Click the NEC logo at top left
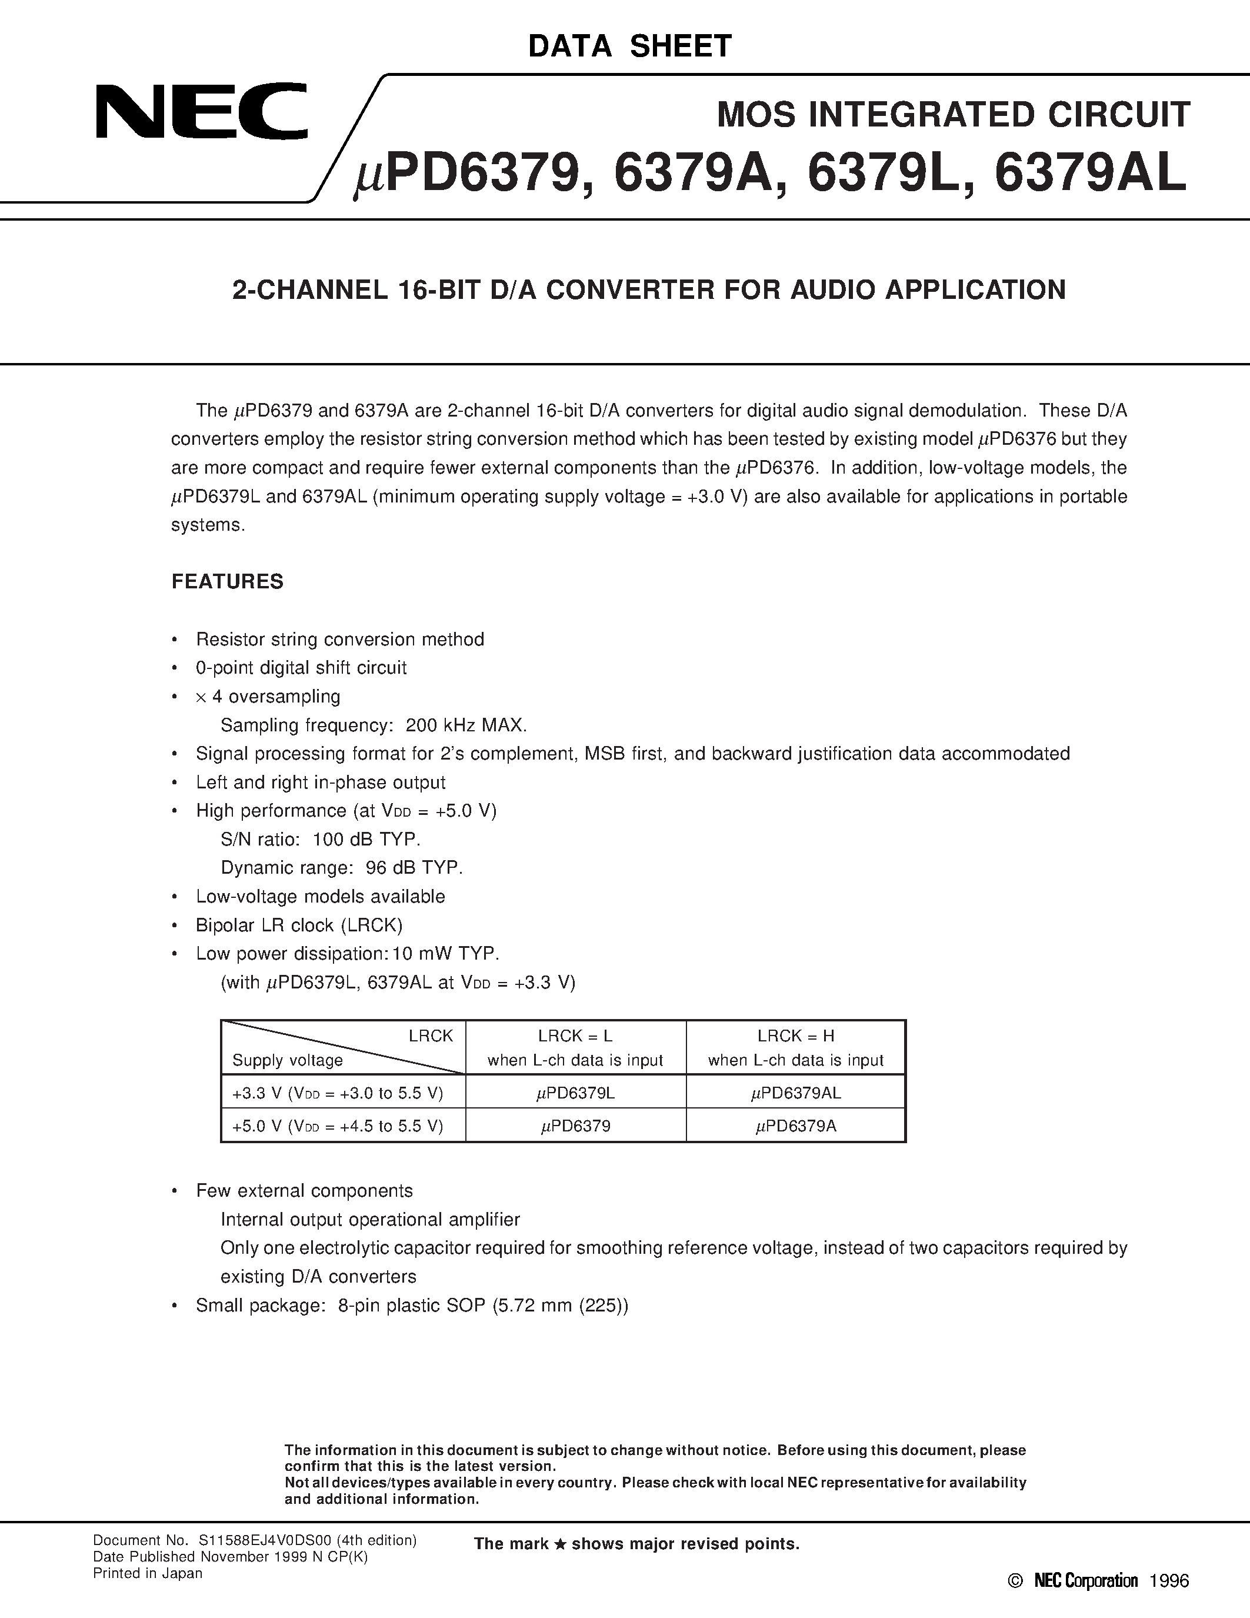[201, 112]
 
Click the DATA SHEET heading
[629, 46]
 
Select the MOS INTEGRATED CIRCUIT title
[953, 115]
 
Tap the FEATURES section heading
[227, 581]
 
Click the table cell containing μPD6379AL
[795, 1093]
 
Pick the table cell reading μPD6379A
[795, 1126]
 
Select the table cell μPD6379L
[575, 1093]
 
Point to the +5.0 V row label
[338, 1126]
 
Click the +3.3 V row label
[338, 1093]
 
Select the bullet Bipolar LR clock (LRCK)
[299, 925]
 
